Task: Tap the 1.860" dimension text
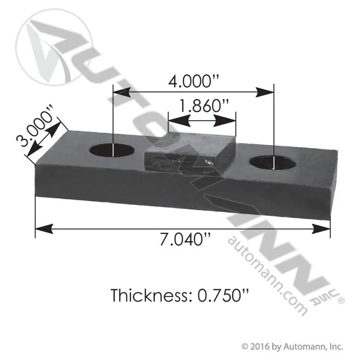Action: (x=203, y=106)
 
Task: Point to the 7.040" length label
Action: (x=185, y=239)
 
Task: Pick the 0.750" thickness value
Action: (x=223, y=295)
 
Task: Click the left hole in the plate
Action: (x=112, y=150)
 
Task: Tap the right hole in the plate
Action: (x=273, y=163)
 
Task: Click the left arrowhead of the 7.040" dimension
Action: (x=44, y=229)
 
